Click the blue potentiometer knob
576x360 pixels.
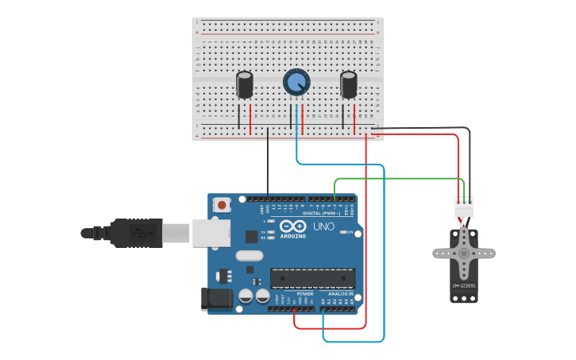[296, 82]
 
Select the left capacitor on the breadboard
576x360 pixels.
[245, 85]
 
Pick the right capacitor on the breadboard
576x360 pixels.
[349, 85]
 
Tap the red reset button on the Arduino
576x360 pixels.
[222, 205]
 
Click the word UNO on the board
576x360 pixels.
[323, 226]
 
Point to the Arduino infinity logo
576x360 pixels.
[292, 226]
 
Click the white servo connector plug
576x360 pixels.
[463, 207]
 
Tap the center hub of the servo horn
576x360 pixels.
[464, 254]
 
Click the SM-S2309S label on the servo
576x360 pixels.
[464, 286]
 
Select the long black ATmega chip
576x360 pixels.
[312, 278]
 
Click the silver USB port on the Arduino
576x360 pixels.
[211, 233]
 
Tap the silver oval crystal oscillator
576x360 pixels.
[249, 256]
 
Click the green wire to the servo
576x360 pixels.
[397, 179]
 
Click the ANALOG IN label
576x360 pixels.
[341, 294]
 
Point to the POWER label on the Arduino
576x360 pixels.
[305, 294]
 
